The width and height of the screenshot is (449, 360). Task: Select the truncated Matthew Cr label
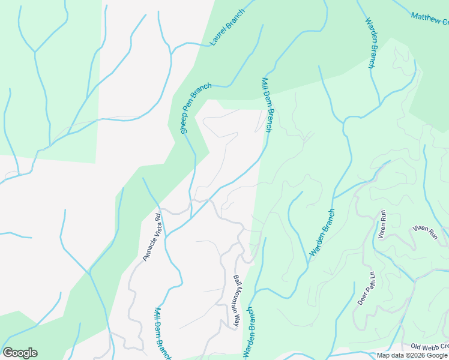(430, 18)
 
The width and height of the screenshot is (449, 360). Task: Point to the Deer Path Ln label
(366, 289)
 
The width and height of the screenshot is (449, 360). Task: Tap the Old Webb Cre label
(430, 347)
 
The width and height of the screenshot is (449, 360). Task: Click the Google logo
(20, 353)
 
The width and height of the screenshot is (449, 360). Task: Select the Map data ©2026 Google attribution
(412, 355)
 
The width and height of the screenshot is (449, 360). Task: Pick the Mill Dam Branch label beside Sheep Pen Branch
(268, 104)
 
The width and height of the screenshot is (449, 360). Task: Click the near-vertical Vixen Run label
(381, 225)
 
